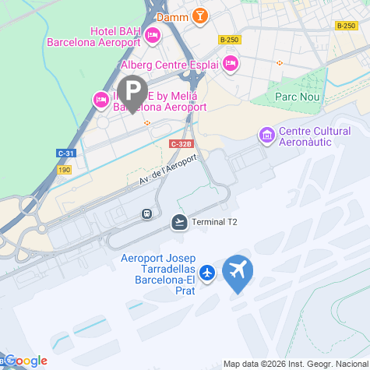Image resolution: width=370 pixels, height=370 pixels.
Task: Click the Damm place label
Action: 170,16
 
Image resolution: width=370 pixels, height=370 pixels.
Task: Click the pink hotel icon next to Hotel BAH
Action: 153,34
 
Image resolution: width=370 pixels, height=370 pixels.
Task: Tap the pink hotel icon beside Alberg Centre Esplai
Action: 229,63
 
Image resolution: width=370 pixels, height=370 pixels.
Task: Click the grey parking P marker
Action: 134,92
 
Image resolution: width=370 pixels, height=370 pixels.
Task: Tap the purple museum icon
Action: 267,136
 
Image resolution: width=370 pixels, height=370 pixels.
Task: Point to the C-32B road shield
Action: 180,143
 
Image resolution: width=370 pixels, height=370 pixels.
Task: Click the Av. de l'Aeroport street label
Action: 164,171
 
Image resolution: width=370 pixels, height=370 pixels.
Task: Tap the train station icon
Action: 146,213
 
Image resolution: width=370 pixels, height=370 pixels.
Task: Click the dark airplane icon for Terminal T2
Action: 180,222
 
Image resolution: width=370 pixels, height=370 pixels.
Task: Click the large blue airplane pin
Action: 238,272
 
